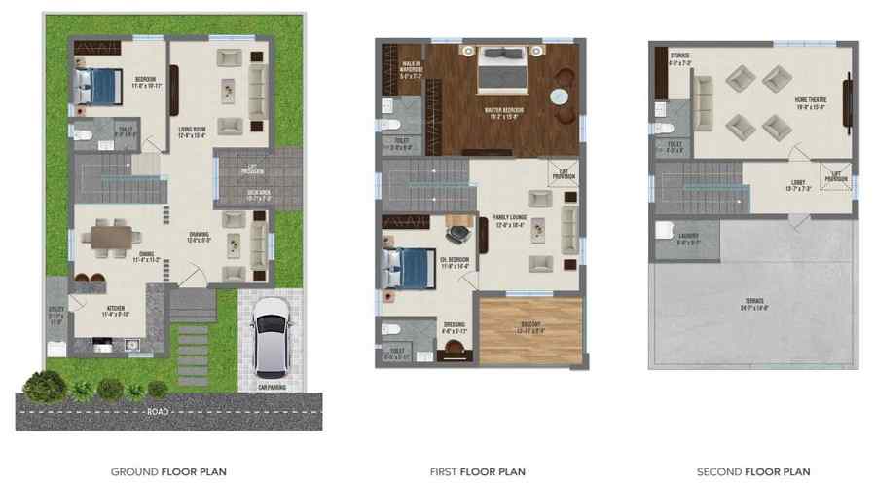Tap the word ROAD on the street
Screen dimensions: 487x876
point(157,412)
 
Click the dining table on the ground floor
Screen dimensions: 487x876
point(106,235)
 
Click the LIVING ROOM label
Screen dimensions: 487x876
point(191,132)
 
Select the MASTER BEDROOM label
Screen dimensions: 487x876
point(504,111)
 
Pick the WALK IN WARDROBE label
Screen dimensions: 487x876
point(411,69)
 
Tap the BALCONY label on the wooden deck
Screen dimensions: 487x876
point(529,327)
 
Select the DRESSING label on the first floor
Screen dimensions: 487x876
point(455,326)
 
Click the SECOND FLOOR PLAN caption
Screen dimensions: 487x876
point(753,472)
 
